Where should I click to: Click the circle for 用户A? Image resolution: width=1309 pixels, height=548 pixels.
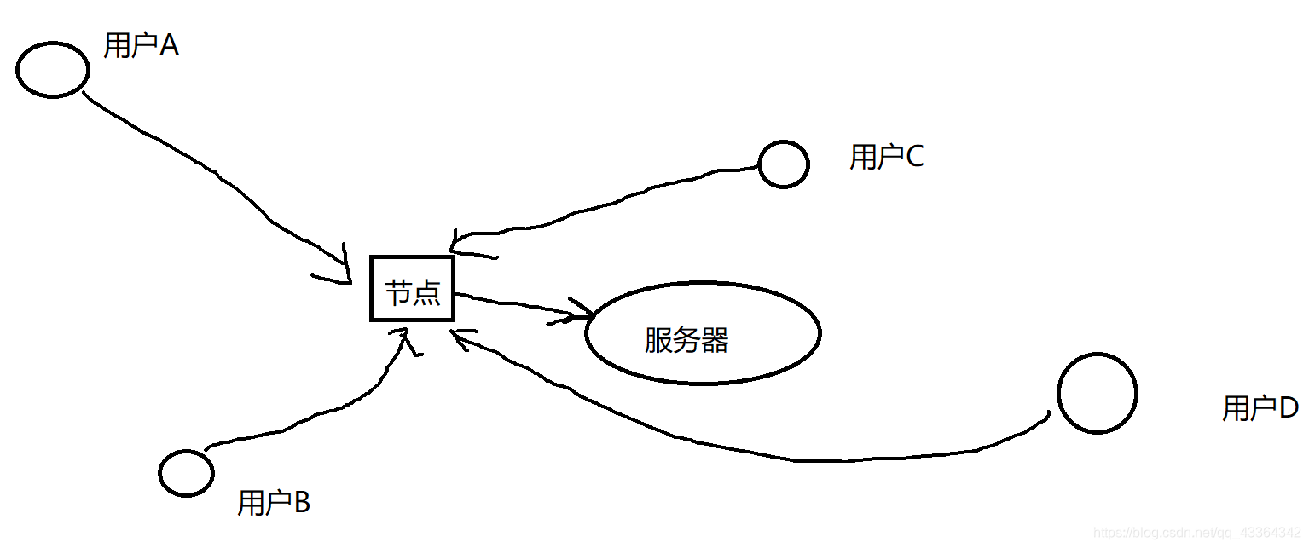tap(53, 70)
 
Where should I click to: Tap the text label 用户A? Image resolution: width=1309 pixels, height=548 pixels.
tap(141, 45)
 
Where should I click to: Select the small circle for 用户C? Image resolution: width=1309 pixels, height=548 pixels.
tap(783, 164)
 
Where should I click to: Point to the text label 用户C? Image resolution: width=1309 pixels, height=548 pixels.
tap(886, 157)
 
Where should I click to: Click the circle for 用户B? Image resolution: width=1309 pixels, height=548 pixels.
tap(187, 471)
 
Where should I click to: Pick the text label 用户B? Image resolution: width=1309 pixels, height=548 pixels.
tap(273, 503)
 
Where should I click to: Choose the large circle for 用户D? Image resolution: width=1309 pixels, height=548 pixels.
tap(1097, 393)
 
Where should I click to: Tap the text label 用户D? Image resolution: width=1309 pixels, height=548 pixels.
tap(1260, 408)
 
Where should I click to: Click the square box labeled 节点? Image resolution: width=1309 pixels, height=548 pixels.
tap(412, 288)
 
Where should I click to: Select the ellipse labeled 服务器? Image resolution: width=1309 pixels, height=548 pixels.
tap(703, 332)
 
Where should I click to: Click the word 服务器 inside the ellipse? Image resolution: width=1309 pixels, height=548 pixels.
tap(686, 341)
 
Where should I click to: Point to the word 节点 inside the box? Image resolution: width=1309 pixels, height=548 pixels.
tap(413, 292)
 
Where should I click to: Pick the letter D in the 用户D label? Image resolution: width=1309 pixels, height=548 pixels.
tap(1288, 408)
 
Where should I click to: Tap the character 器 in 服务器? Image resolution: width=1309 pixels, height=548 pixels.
tap(715, 341)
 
